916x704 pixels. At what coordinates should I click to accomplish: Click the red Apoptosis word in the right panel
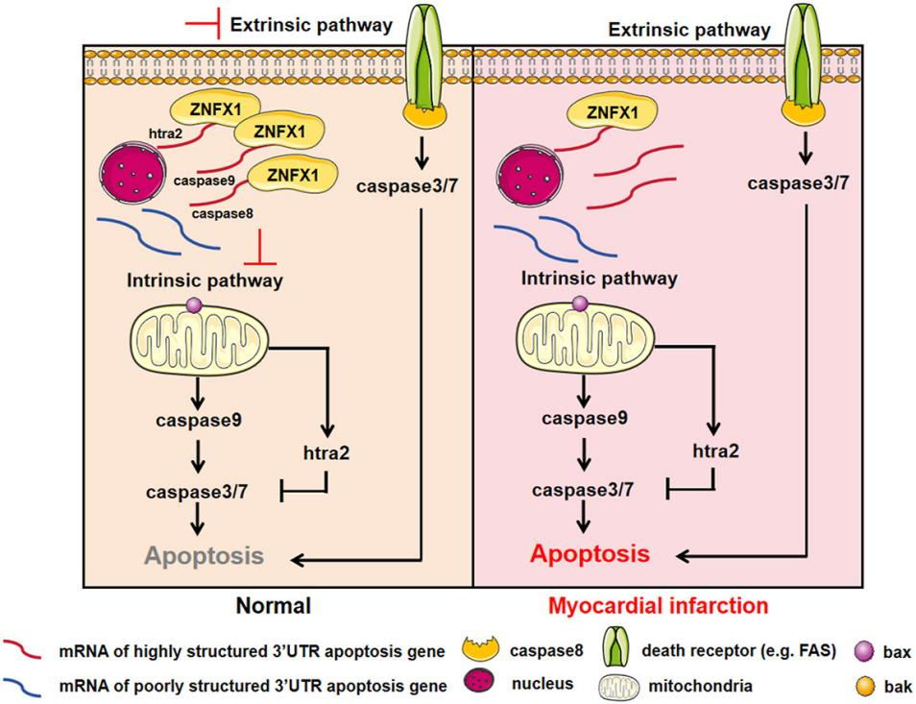(590, 554)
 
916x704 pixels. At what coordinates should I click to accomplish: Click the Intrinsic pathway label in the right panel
(599, 279)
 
